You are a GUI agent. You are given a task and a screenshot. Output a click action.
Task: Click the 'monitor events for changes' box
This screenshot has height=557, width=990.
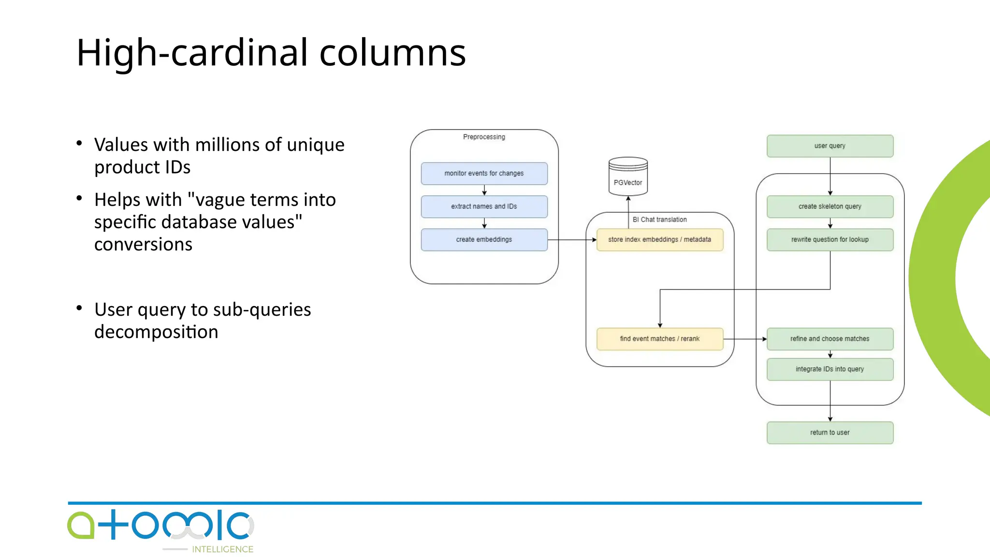(x=484, y=174)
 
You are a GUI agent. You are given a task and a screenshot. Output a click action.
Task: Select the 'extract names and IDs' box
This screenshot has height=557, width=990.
(x=484, y=206)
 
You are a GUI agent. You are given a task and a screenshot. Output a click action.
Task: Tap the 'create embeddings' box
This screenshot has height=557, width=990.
(x=484, y=240)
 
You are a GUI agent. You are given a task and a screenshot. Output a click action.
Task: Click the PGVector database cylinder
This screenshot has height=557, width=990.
(x=628, y=177)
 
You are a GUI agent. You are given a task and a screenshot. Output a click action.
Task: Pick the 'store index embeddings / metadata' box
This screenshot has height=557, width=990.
(x=659, y=240)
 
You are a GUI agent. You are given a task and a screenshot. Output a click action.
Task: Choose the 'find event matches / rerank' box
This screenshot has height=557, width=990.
(x=659, y=339)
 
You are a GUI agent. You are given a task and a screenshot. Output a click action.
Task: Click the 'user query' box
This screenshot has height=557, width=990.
(x=830, y=146)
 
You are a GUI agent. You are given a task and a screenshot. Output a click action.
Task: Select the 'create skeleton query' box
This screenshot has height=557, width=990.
(x=830, y=206)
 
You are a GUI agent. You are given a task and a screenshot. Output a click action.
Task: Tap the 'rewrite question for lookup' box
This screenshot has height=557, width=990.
(x=830, y=240)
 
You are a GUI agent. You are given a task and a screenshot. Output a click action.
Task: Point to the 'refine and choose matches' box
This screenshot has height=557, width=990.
(x=830, y=339)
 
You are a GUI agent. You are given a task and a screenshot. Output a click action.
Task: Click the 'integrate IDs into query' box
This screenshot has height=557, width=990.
(x=830, y=369)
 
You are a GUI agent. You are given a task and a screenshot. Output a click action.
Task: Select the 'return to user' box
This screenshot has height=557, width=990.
(x=830, y=433)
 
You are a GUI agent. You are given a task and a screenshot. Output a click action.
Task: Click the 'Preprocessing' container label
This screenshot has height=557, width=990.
(x=484, y=137)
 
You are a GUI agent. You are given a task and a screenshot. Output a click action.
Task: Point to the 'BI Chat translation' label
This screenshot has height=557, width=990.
(x=659, y=220)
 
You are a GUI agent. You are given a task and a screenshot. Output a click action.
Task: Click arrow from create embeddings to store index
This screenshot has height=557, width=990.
(x=571, y=240)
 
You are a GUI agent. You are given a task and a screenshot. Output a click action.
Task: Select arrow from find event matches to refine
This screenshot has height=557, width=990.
(x=744, y=339)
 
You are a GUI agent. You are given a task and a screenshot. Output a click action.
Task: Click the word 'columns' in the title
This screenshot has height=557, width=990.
(x=392, y=52)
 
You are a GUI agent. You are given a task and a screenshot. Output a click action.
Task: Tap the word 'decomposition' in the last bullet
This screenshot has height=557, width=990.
(x=156, y=332)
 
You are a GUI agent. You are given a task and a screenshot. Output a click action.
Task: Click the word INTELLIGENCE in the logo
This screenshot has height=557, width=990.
(x=222, y=549)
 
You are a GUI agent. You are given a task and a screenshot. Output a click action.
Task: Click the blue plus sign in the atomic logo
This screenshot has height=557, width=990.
(x=112, y=524)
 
